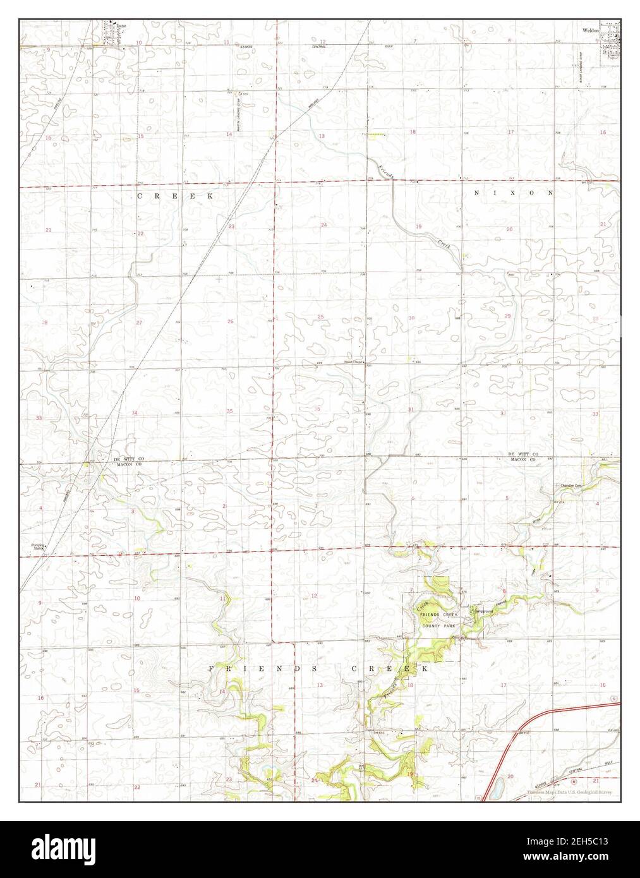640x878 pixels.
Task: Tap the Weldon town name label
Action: tap(591, 30)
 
